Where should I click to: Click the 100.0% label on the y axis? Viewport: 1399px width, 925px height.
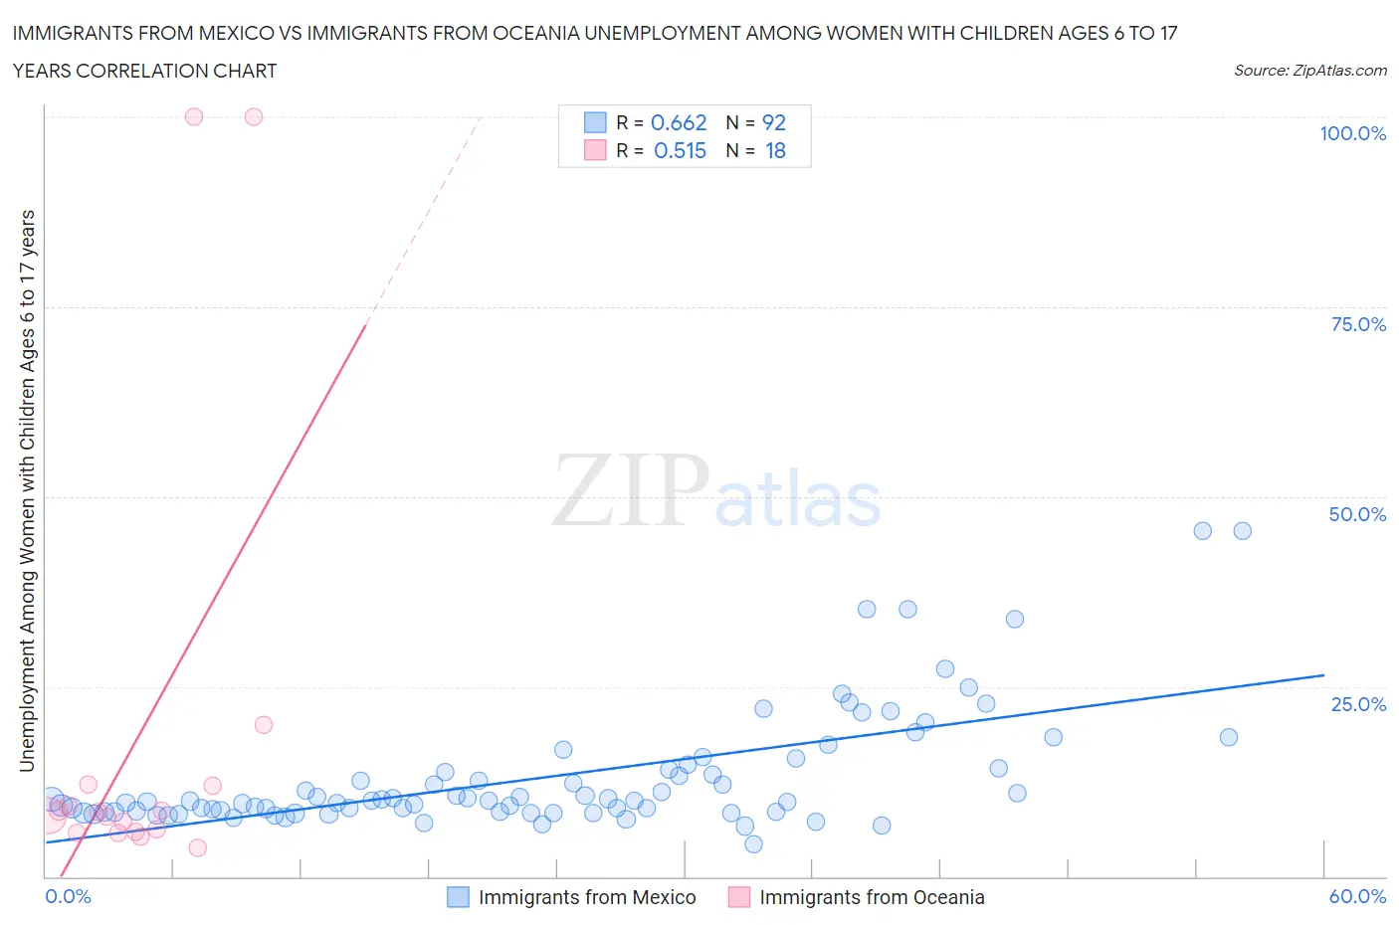pos(1352,133)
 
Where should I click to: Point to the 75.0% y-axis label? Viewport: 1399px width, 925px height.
pos(1357,324)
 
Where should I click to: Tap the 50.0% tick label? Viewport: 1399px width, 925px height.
pos(1357,514)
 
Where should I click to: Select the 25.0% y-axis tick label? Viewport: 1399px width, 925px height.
pos(1357,704)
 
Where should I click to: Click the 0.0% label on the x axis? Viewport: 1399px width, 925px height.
pos(69,896)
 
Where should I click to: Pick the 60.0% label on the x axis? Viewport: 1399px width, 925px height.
pos(1357,896)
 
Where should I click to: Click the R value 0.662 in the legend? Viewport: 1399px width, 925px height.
pos(679,122)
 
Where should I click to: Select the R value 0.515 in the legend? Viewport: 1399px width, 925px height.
pos(680,150)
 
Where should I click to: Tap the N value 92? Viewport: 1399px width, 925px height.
pos(774,122)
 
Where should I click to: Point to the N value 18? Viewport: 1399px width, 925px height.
pos(775,150)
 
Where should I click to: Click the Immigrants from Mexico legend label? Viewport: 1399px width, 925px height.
pos(587,897)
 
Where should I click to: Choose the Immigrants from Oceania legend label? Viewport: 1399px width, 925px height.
pos(872,897)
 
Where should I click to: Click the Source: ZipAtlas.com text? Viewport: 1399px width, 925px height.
pos(1309,70)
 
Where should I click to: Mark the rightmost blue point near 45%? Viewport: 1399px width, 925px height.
pos(1242,531)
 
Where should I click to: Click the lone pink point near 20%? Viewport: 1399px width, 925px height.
pos(264,725)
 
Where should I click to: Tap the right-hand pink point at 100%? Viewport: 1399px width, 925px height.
pos(254,116)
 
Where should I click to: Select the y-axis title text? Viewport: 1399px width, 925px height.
pos(28,491)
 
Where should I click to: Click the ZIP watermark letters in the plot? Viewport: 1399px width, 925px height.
pos(631,489)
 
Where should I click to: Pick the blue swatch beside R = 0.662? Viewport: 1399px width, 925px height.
pos(595,122)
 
